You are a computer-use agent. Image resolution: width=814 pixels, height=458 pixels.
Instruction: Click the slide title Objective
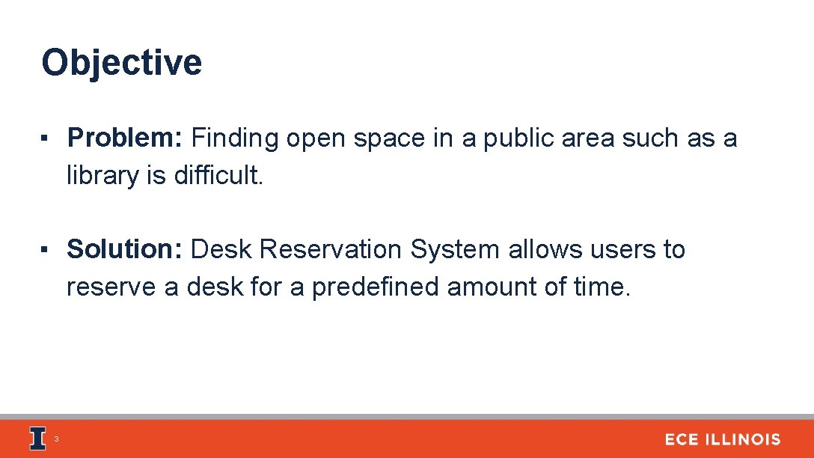tap(121, 63)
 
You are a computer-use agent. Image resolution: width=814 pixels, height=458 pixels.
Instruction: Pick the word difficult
tap(219, 176)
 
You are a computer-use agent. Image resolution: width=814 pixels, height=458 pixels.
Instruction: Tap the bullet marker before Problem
tap(46, 139)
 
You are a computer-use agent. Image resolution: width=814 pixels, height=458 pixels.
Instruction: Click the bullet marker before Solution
tap(46, 250)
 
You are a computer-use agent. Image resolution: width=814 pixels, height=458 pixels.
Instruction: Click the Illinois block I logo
tap(37, 439)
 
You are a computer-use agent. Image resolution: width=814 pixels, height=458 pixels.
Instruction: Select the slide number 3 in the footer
tap(56, 439)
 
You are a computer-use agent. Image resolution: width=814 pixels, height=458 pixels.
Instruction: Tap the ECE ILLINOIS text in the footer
tap(722, 440)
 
